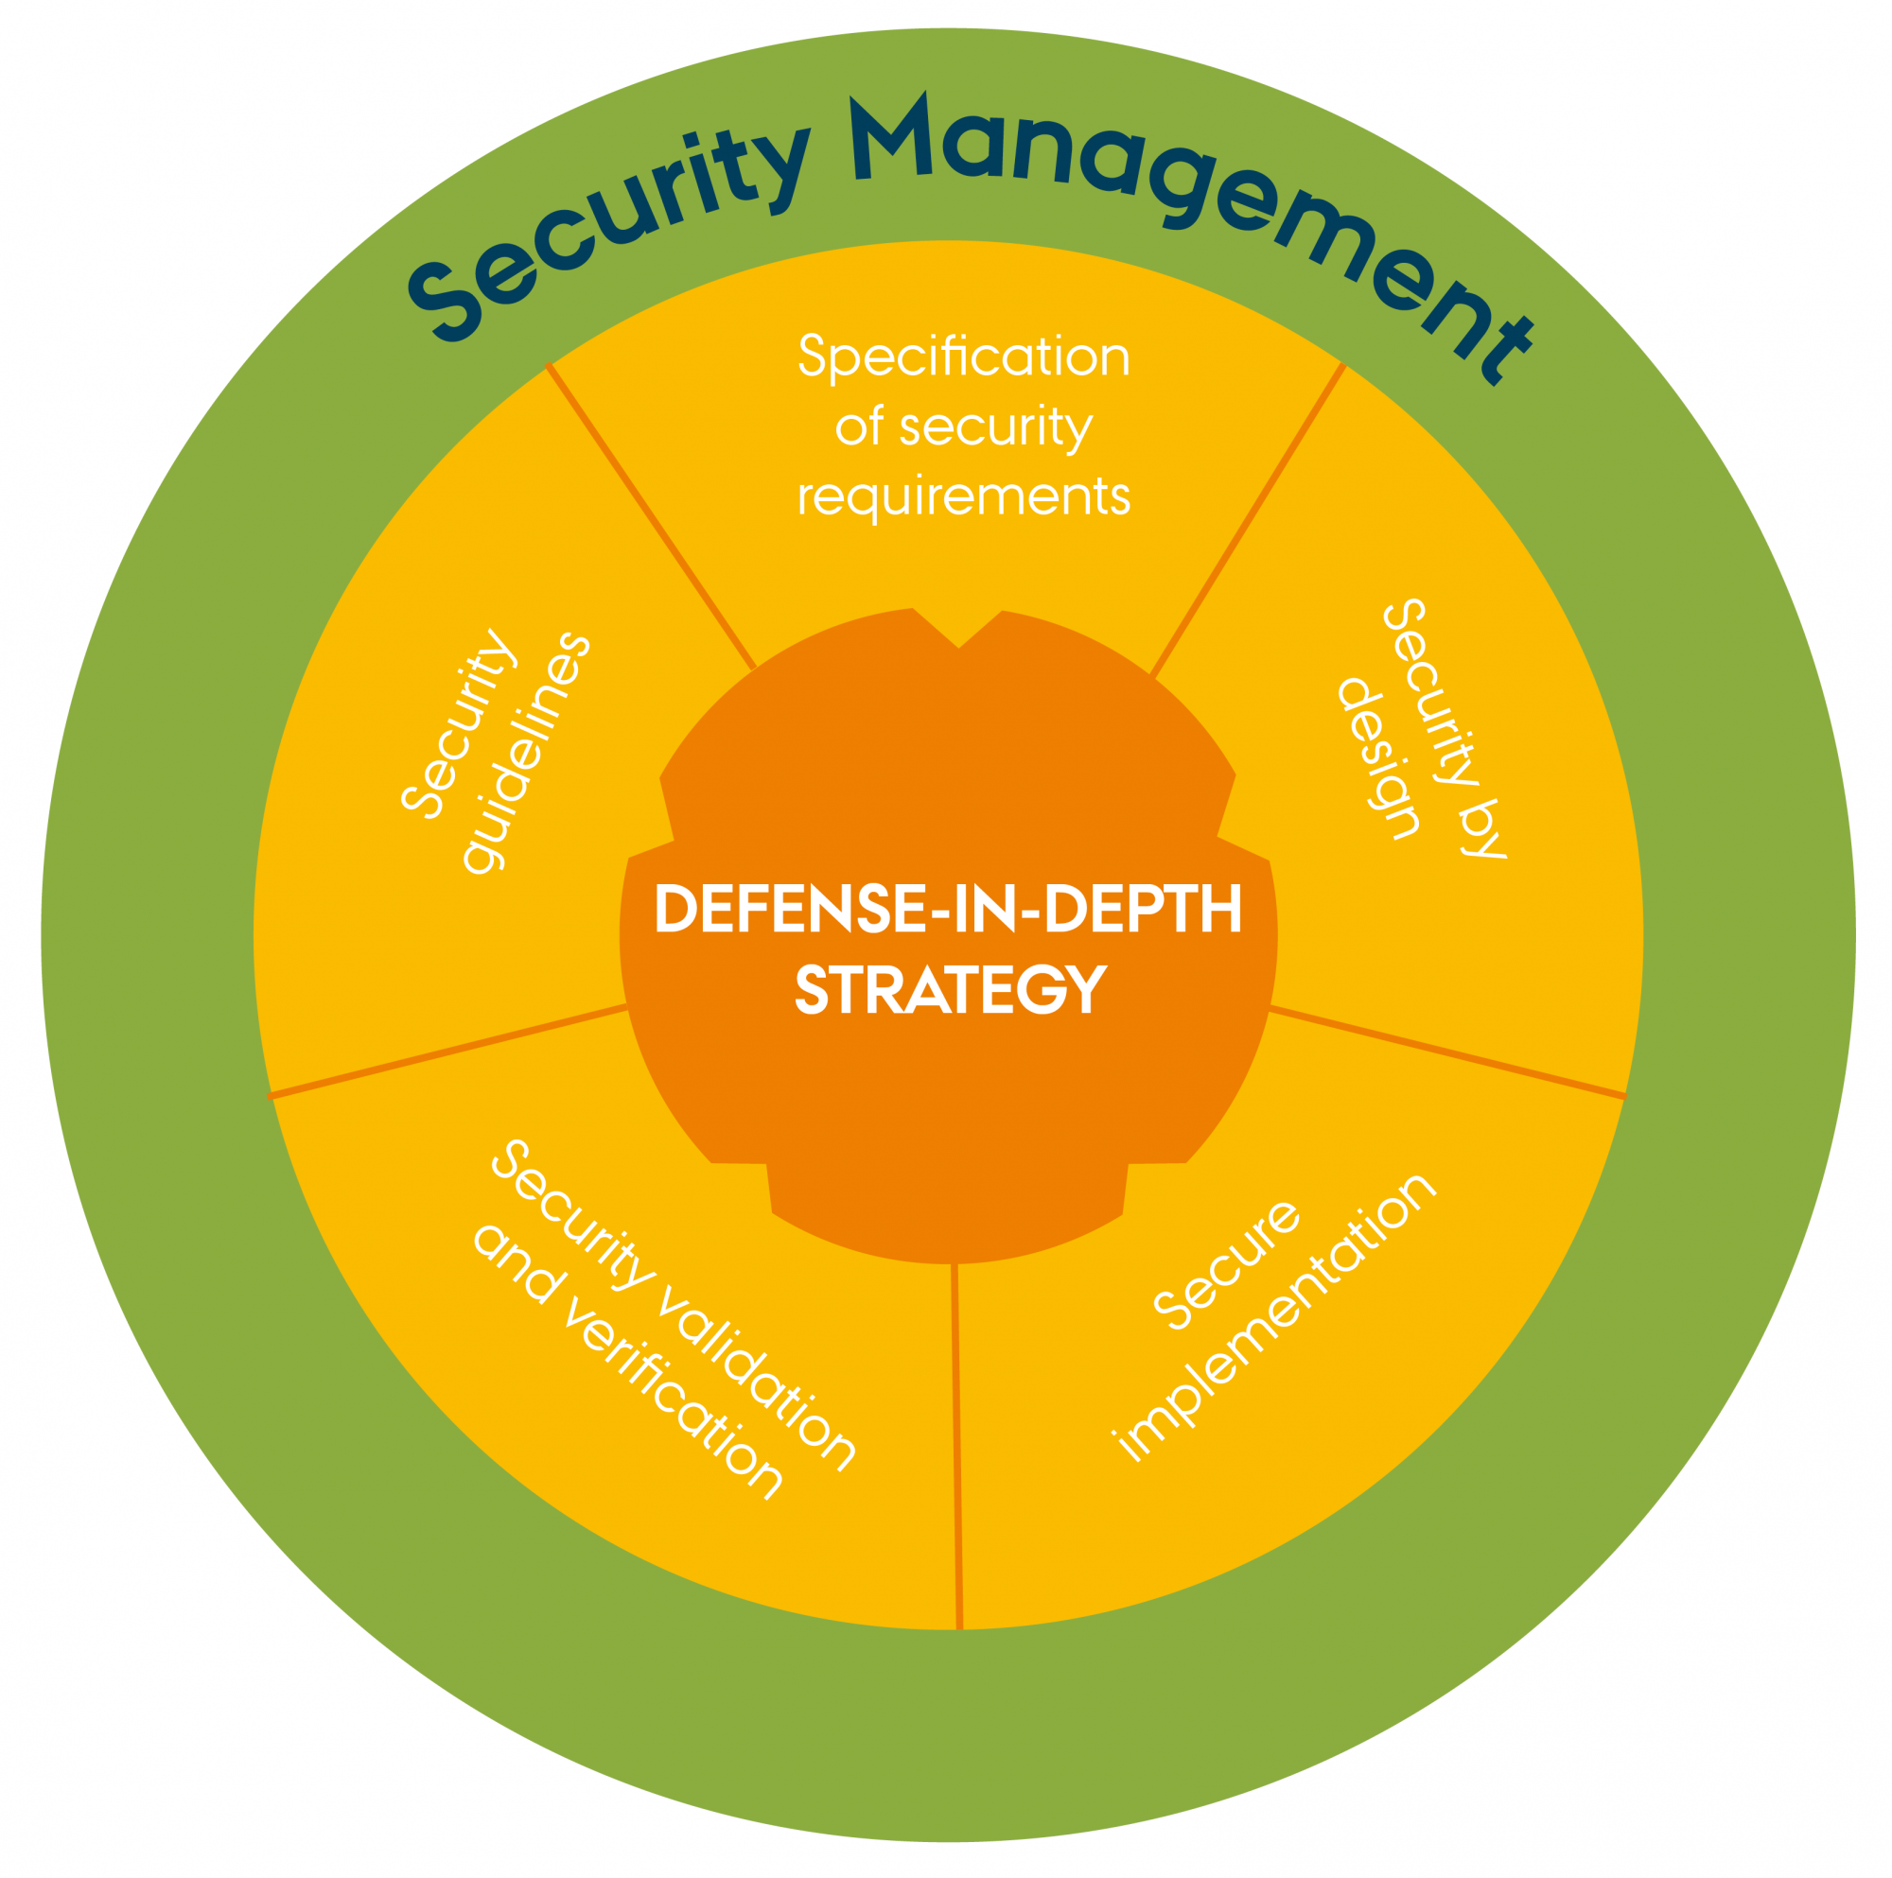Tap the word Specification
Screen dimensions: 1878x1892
964,357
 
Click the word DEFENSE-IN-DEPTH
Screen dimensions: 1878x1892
948,909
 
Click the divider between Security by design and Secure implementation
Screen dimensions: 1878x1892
1445,1052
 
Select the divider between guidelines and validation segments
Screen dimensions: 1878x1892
448,1051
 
